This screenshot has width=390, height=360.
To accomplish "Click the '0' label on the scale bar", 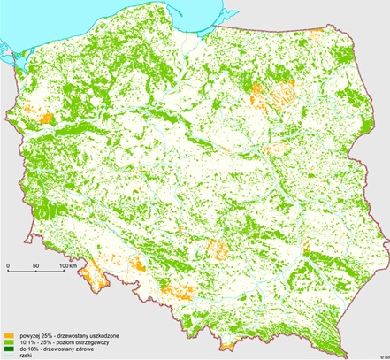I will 8,265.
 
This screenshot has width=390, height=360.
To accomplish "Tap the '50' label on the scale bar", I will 35,265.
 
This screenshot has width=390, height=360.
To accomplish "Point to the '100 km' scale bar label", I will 69,265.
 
